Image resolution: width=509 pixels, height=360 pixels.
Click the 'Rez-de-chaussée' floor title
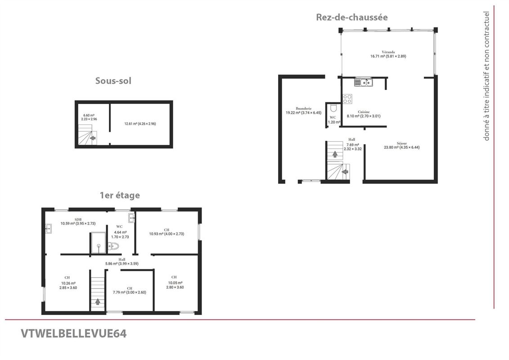351,17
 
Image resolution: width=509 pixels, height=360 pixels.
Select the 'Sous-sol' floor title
113,81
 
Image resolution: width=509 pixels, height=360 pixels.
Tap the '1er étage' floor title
120,195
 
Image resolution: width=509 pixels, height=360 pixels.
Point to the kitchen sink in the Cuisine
362,82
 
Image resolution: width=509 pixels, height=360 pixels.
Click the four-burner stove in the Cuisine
347,99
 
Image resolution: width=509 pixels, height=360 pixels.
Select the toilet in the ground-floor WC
333,108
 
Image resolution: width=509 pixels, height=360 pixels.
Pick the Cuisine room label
364,112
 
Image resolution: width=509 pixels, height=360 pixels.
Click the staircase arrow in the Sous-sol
93,138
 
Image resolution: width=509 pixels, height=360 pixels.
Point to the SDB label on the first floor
78,219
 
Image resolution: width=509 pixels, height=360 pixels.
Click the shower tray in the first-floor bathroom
98,243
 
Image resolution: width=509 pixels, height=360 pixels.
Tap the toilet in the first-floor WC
113,246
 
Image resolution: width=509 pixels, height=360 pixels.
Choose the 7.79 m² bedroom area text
129,292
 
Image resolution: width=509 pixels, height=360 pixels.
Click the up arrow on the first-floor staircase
98,301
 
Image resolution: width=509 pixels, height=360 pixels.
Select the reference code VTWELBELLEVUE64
74,333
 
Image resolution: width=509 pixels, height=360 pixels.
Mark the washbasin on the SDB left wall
48,229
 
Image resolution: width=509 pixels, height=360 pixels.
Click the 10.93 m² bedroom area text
167,234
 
